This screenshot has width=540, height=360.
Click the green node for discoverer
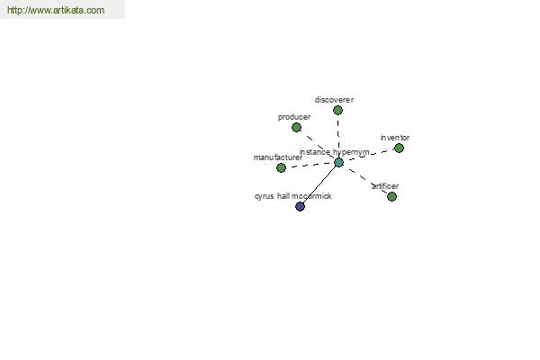(337, 110)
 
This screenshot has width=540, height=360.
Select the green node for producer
(296, 128)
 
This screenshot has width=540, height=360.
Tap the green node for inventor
(399, 148)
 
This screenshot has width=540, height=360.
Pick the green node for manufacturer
(281, 167)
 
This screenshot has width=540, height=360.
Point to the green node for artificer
(391, 197)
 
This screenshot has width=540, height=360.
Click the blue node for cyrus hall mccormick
(300, 206)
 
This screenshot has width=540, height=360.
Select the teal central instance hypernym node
(339, 163)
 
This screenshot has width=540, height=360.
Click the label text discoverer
(334, 100)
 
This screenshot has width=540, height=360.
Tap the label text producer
(294, 117)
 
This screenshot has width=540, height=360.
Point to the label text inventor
(395, 138)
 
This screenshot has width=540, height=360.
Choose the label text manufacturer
(278, 157)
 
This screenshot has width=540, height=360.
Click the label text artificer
(385, 186)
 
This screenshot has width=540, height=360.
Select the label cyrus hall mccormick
(293, 196)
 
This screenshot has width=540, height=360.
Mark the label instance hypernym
(335, 152)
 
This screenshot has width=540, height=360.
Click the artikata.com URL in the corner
(56, 10)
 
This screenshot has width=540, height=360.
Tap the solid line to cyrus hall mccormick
(319, 184)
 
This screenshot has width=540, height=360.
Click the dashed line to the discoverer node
(338, 137)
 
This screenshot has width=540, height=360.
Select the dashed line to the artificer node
(365, 179)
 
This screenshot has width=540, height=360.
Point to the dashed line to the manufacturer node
(310, 166)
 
